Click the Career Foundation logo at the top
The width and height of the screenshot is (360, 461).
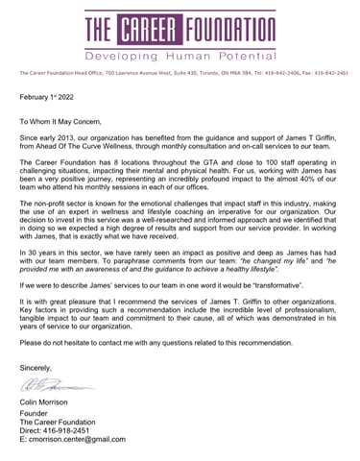point(180,28)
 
